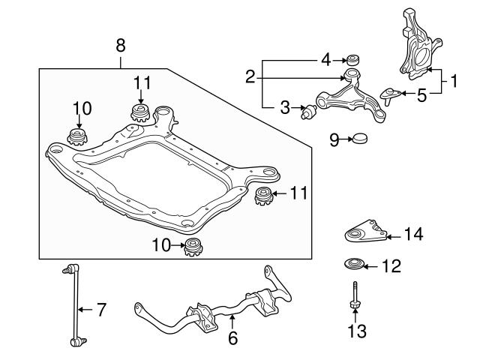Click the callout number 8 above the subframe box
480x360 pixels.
[121, 46]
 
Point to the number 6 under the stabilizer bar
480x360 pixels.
[233, 338]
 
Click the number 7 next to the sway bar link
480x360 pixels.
[103, 307]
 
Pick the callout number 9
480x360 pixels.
[334, 139]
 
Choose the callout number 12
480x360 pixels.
[391, 265]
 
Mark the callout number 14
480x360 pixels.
[413, 235]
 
